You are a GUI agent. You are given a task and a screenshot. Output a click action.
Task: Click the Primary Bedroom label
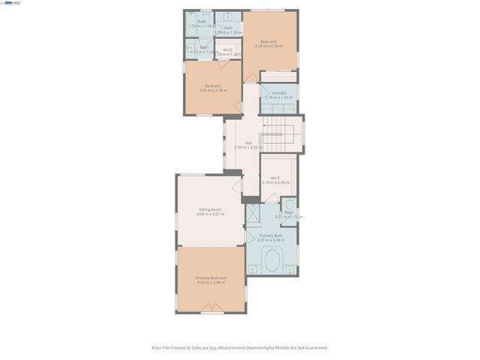[211, 277]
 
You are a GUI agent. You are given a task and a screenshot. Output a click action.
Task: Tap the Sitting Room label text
[210, 209]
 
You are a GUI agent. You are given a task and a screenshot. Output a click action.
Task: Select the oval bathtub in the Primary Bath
[271, 262]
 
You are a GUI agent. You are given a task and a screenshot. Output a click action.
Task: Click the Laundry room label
[279, 93]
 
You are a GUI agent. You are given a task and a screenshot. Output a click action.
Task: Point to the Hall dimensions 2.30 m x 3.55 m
[246, 148]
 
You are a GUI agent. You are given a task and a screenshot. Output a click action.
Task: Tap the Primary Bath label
[271, 235]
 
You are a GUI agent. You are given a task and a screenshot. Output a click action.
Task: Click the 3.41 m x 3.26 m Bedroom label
[213, 86]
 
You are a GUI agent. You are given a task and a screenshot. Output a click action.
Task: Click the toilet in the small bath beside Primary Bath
[289, 204]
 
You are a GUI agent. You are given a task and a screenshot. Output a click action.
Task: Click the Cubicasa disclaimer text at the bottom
[240, 347]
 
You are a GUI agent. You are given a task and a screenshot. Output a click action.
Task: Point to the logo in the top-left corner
[12, 4]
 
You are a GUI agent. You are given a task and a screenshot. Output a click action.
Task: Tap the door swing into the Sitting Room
[236, 183]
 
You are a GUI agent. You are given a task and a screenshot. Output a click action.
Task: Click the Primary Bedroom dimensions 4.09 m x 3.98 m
[211, 283]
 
